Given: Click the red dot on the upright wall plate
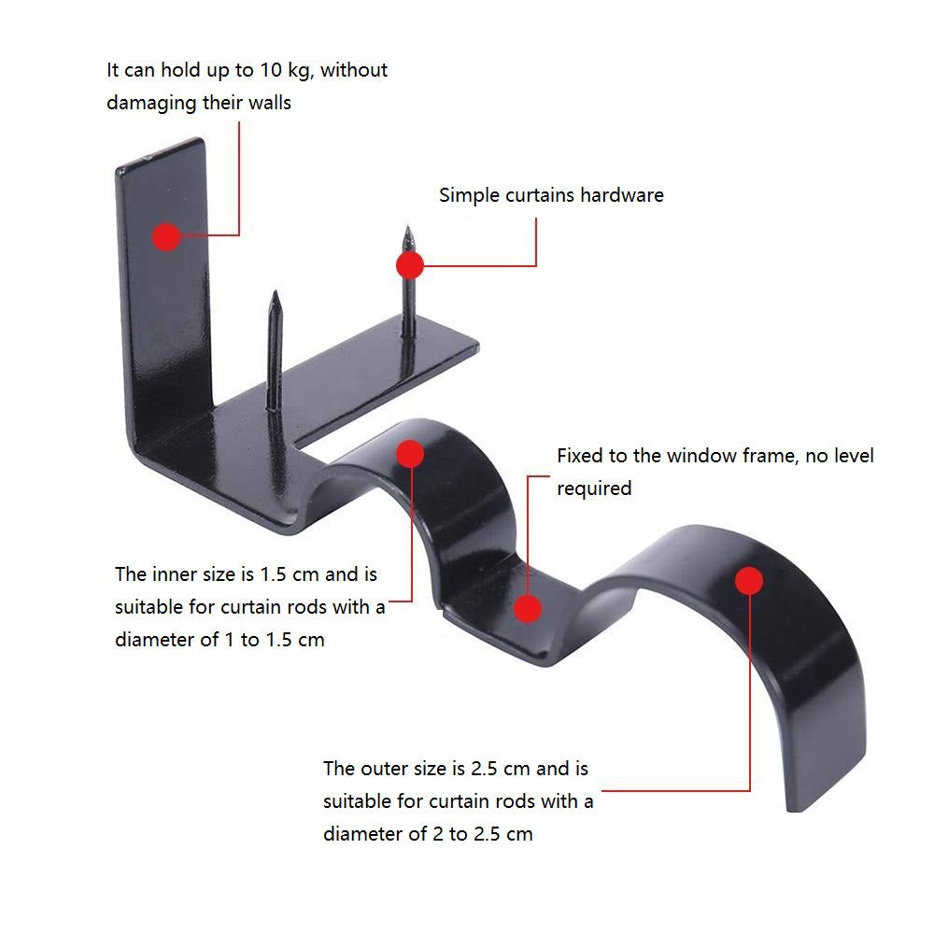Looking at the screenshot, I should pyautogui.click(x=166, y=236).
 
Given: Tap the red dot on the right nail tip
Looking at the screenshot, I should pyautogui.click(x=409, y=266).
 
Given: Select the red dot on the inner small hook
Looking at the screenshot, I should pyautogui.click(x=411, y=454).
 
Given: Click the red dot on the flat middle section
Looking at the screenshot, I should pyautogui.click(x=528, y=609).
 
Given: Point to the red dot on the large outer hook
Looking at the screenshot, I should pyautogui.click(x=748, y=581).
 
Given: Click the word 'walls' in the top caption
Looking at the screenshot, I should pyautogui.click(x=270, y=103).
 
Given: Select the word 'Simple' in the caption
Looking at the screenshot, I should pyautogui.click(x=470, y=195).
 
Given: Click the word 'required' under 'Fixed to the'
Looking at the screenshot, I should pyautogui.click(x=594, y=488).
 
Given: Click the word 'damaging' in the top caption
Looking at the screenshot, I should pyautogui.click(x=151, y=103).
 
